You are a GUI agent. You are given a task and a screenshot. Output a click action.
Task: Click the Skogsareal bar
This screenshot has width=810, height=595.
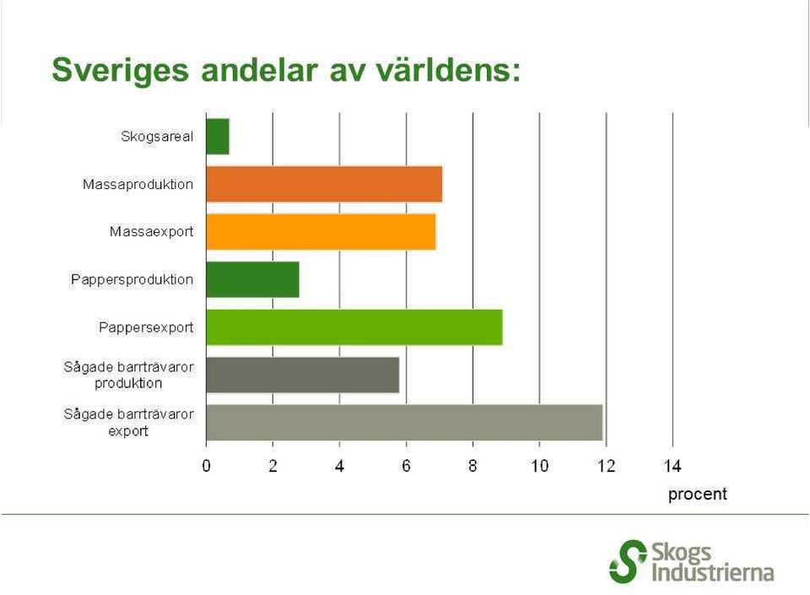pos(218,137)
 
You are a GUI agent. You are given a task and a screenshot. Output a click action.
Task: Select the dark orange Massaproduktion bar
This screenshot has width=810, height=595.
pos(324,184)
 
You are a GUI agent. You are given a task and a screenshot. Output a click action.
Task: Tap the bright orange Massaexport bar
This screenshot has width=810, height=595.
pos(321,232)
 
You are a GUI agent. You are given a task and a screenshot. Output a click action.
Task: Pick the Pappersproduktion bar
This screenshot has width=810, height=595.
pos(252,279)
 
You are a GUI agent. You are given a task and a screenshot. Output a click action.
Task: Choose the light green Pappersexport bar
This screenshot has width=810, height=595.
pos(354,327)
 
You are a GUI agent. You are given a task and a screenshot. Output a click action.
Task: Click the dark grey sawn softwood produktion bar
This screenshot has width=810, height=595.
pos(303,375)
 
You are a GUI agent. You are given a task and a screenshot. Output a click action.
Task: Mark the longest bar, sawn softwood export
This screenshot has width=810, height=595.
pos(404,423)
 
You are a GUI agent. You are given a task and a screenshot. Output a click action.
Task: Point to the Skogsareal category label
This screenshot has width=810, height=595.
pos(157,137)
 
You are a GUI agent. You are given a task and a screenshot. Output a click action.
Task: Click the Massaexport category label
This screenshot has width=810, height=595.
pos(151,232)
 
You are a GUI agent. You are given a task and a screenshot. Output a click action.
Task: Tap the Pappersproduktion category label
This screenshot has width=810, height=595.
pos(132,280)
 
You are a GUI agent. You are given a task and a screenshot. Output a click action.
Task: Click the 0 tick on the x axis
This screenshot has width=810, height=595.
pos(206,467)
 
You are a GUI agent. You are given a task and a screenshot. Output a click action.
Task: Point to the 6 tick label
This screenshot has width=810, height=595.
pos(406,467)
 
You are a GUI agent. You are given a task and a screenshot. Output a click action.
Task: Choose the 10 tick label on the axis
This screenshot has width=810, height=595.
pos(539,467)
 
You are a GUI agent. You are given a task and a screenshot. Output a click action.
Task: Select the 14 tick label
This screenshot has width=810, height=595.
pos(672,467)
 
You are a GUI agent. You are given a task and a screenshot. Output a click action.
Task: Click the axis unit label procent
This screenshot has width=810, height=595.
pos(698,495)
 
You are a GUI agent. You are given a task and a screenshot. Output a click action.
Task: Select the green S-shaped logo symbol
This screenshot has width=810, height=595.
pos(628,561)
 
